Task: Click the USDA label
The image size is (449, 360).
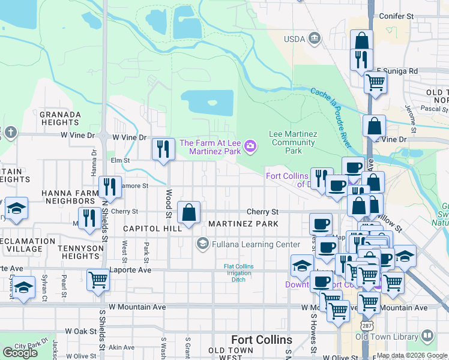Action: pyautogui.click(x=295, y=40)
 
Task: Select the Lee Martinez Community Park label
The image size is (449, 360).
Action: pyautogui.click(x=294, y=143)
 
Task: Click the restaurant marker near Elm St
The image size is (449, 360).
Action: pyautogui.click(x=163, y=149)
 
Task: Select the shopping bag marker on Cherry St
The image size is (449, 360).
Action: pyautogui.click(x=188, y=212)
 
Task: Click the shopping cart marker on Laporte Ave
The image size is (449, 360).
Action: pyautogui.click(x=98, y=280)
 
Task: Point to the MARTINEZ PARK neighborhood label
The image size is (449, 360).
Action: pyautogui.click(x=243, y=224)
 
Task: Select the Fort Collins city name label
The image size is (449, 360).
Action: pyautogui.click(x=261, y=340)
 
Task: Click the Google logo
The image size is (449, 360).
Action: pyautogui.click(x=20, y=352)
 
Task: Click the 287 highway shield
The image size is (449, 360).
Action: pyautogui.click(x=366, y=325)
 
